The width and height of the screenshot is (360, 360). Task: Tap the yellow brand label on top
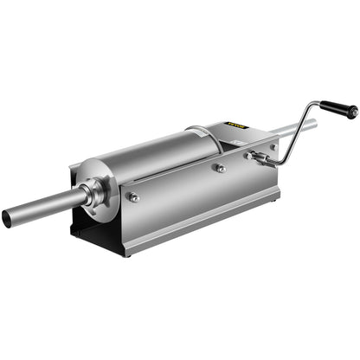237,128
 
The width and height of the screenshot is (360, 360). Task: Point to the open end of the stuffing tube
7,218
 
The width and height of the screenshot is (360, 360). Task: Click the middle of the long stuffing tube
43,209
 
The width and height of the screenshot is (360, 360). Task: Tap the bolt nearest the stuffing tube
134,197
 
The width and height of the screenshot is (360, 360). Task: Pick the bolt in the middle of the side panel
221,169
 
